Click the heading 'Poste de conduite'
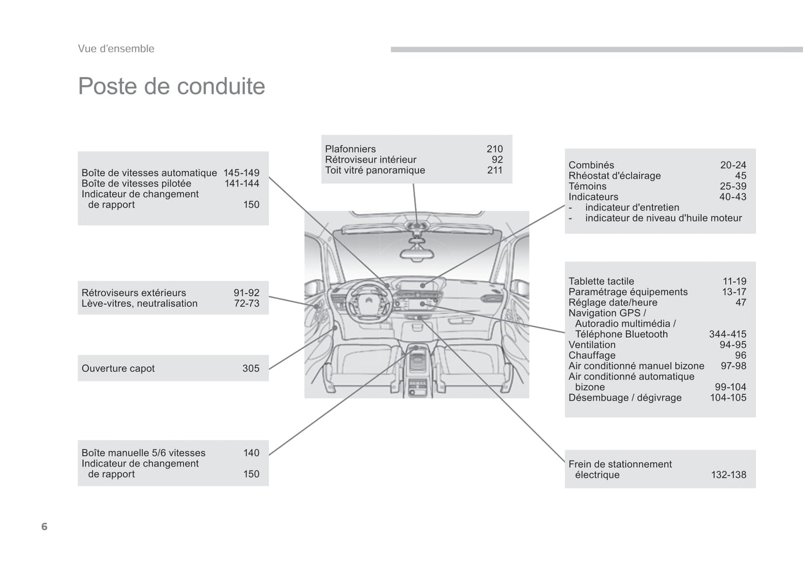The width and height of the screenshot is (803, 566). [171, 87]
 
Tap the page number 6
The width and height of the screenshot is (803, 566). [44, 527]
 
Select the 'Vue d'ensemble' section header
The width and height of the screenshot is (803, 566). [116, 49]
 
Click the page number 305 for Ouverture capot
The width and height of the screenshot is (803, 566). [251, 368]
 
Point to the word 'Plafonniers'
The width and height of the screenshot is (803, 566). [350, 149]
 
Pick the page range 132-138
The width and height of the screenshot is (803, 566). [729, 475]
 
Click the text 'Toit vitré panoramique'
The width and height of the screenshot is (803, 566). [375, 171]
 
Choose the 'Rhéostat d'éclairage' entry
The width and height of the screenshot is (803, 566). [615, 176]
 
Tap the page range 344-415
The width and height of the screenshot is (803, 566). [727, 334]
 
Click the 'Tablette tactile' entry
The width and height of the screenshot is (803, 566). [601, 282]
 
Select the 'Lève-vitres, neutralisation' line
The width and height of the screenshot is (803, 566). [139, 304]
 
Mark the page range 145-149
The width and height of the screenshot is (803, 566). [241, 173]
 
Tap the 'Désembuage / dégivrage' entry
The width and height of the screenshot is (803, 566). [625, 398]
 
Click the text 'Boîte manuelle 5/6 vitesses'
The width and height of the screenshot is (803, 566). [143, 453]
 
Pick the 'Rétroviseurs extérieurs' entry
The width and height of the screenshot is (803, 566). [133, 293]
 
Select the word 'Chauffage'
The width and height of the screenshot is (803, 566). [592, 355]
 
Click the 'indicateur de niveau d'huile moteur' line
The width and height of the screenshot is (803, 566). [663, 218]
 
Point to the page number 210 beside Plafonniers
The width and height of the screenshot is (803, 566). [494, 149]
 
